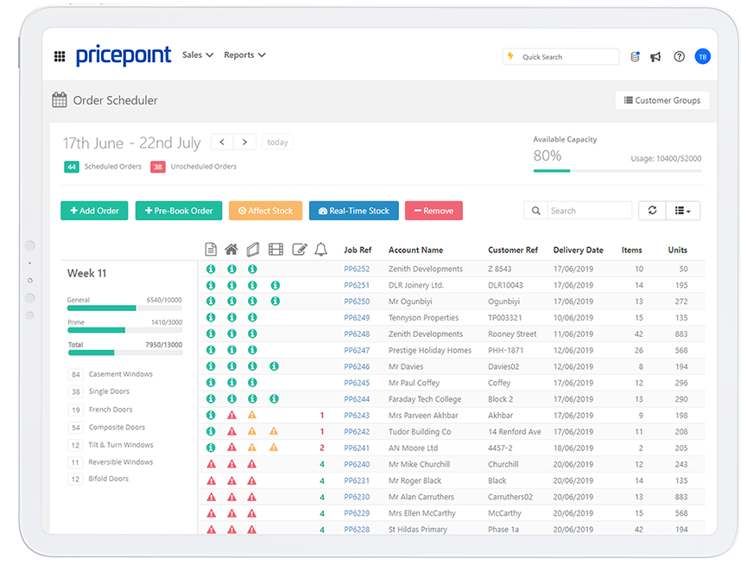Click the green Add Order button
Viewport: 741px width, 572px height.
point(94,211)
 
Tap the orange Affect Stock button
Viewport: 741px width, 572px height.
point(265,211)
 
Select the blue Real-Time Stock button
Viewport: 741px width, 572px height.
point(353,211)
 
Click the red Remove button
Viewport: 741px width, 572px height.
point(434,211)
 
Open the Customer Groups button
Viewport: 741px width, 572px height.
point(662,100)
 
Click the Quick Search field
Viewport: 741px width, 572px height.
point(560,57)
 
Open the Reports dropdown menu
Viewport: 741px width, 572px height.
point(244,55)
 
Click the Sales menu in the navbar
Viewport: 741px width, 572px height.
point(198,55)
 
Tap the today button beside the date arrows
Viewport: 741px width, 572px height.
point(277,143)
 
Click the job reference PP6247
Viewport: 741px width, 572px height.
point(357,350)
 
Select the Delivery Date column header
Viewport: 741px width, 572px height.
point(578,251)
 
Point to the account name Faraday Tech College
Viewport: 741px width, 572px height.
point(425,399)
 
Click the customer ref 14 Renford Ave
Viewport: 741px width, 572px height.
point(515,431)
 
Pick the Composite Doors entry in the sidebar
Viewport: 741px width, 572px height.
point(118,428)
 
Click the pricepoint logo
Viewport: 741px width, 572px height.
point(123,56)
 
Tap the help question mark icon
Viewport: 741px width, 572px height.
point(680,57)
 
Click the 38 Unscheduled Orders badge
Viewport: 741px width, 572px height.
point(158,167)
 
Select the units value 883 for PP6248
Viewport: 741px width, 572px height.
point(680,334)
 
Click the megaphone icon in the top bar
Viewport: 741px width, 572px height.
point(656,57)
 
